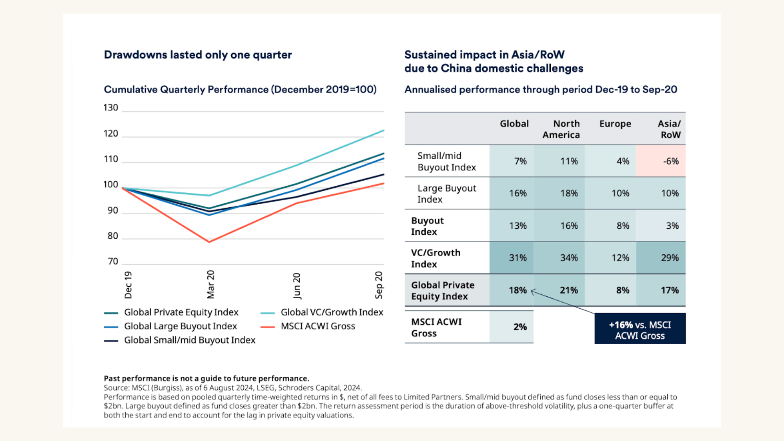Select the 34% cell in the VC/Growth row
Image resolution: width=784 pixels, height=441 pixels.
coord(569,258)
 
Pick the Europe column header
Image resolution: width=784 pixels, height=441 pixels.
coord(615,124)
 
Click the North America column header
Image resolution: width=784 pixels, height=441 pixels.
coord(561,129)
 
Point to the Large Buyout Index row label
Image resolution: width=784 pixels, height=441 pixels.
coord(446,194)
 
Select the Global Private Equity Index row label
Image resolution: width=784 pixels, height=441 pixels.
coord(443,291)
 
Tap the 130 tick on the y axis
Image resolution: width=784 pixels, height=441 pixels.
coord(111,108)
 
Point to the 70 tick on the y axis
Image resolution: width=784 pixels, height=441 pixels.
coord(113,261)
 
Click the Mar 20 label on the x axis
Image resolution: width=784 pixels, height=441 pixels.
coord(211,284)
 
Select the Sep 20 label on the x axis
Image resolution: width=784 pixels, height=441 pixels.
coord(379,285)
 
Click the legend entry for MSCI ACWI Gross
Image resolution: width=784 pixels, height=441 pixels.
coord(318,326)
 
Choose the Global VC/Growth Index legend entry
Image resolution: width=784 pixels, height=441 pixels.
coord(332,312)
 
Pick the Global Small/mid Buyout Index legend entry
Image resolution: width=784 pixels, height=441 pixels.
coord(189,340)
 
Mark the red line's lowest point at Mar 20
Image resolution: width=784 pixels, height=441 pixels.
coord(209,242)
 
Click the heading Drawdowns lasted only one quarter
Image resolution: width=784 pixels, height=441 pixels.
coord(198,55)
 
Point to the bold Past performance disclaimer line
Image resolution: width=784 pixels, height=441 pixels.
coord(206,379)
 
